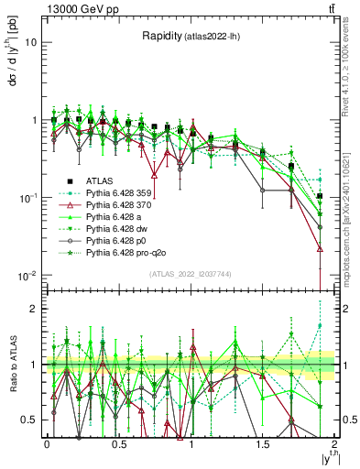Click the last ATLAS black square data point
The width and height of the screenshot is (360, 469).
pos(320,196)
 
